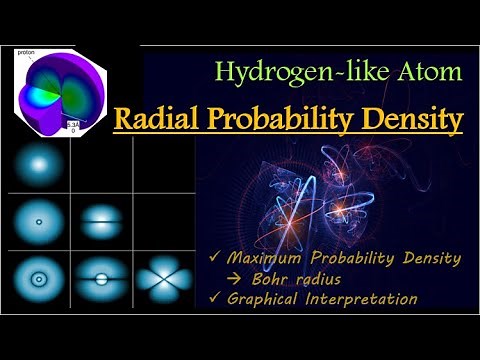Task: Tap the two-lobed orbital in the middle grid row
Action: [x=100, y=220]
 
